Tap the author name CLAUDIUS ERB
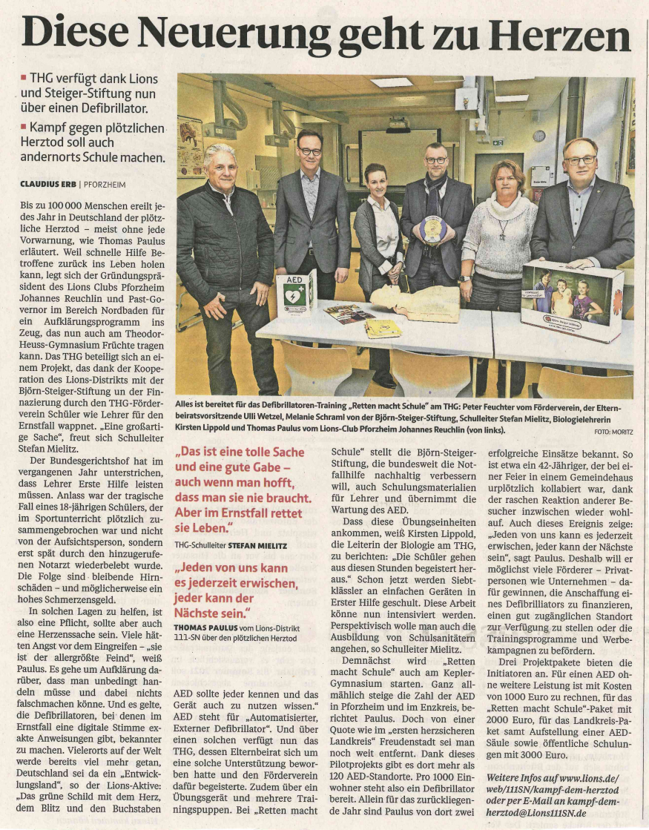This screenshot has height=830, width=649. pos(47,184)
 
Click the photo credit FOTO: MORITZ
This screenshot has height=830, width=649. pos(613,431)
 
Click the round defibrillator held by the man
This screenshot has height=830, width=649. pos(432,228)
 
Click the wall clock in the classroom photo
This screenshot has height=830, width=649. pos(539,136)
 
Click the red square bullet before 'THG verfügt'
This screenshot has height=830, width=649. pos(24,77)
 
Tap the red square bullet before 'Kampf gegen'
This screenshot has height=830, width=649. pos(24,128)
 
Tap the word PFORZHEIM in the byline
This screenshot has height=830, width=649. pos(104,184)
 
